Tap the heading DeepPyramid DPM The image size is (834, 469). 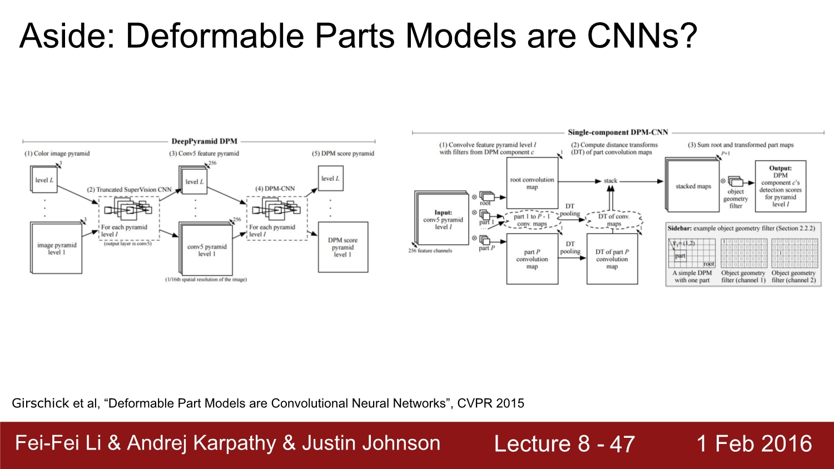(204, 141)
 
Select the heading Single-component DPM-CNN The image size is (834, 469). (618, 132)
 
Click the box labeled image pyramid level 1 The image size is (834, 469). (57, 248)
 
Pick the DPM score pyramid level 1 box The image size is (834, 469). (342, 247)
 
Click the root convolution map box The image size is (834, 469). (532, 183)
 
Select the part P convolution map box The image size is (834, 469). (532, 259)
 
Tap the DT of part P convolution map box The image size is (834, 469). (612, 259)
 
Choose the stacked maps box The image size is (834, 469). (693, 186)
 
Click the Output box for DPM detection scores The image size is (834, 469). (780, 186)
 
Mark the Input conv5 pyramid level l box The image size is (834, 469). (443, 219)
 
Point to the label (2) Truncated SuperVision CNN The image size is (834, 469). (129, 190)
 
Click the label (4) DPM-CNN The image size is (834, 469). (275, 189)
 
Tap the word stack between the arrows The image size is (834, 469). (610, 181)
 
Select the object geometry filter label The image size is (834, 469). (736, 199)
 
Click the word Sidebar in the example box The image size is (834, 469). (679, 228)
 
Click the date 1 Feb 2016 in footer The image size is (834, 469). (754, 443)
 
